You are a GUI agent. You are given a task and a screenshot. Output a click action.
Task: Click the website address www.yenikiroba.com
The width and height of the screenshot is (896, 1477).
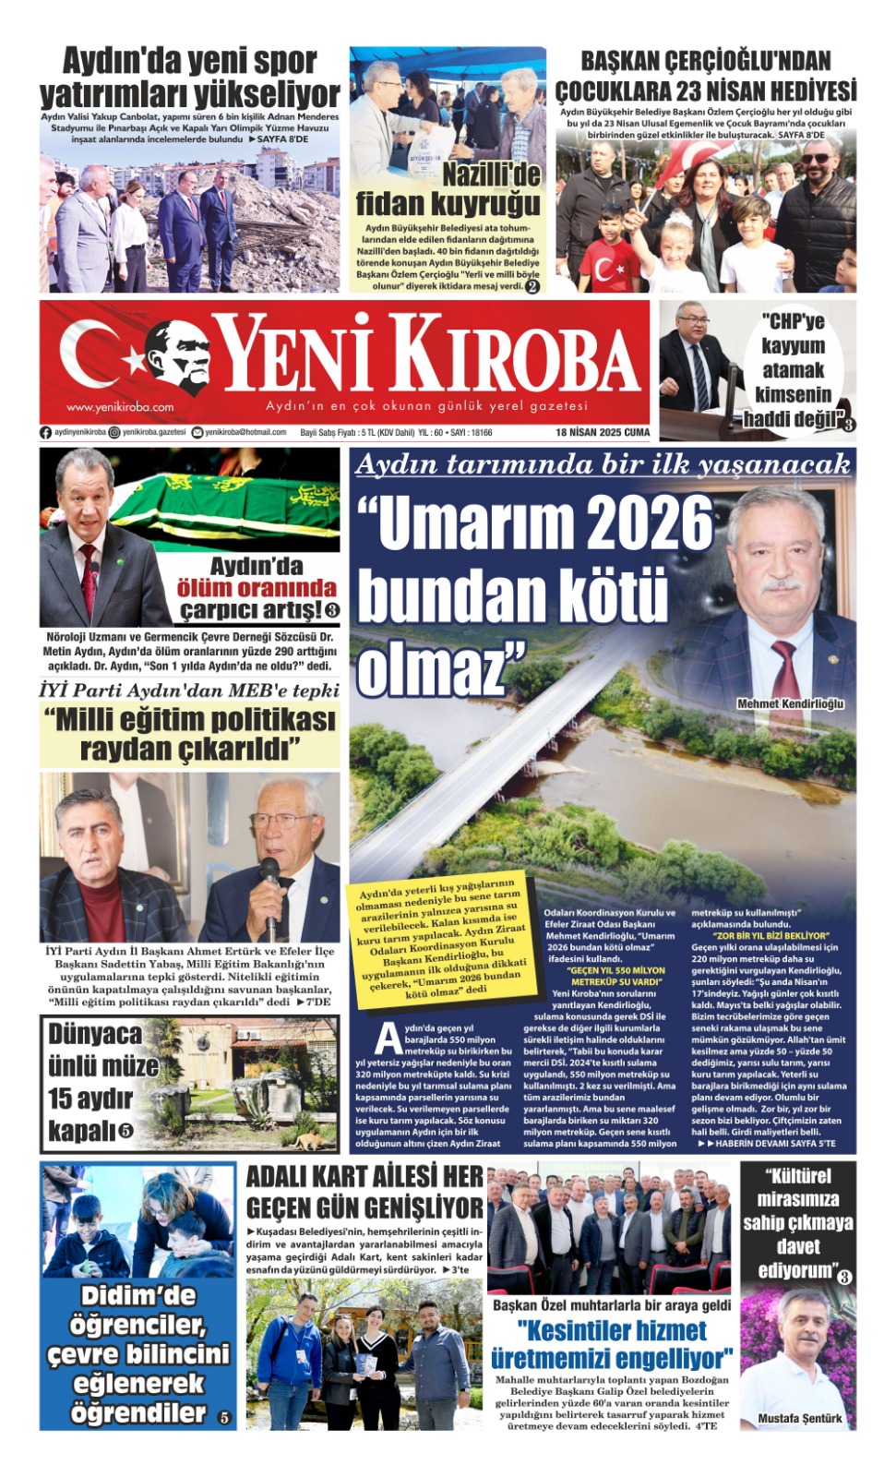pyautogui.click(x=120, y=406)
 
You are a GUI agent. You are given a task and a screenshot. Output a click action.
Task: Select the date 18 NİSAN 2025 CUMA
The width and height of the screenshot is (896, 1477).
pyautogui.click(x=602, y=432)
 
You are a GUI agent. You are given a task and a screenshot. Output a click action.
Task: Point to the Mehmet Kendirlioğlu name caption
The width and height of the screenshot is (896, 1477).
pyautogui.click(x=790, y=703)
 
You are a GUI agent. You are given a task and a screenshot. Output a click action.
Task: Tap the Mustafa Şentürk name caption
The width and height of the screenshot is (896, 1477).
pyautogui.click(x=799, y=1418)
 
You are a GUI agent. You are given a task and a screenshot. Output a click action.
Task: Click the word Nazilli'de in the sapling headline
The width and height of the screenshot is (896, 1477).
pyautogui.click(x=491, y=174)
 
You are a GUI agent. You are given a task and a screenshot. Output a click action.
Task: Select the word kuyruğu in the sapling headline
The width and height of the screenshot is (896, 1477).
pyautogui.click(x=488, y=203)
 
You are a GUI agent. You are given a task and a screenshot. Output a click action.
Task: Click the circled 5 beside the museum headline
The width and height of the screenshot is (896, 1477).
pyautogui.click(x=125, y=1131)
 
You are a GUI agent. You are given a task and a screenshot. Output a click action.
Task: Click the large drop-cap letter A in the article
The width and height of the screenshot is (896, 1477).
pyautogui.click(x=387, y=1039)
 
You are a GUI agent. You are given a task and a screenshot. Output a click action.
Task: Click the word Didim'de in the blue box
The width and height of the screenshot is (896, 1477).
pyautogui.click(x=138, y=1295)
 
